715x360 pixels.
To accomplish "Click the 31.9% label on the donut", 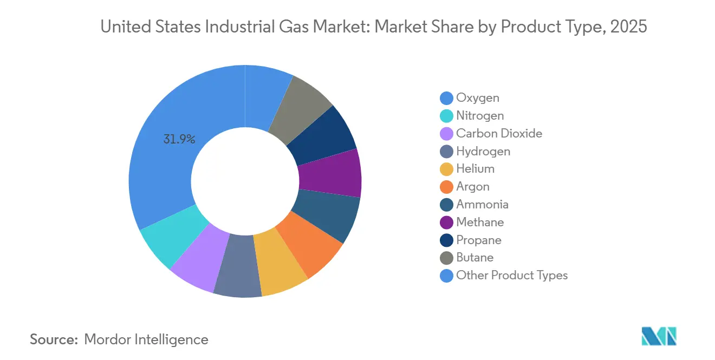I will click(179, 139).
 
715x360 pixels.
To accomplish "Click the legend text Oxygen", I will click(478, 98).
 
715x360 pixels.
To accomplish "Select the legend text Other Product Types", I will click(512, 276).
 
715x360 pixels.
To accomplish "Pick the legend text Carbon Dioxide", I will click(499, 134).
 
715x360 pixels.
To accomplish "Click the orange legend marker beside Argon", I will click(446, 187).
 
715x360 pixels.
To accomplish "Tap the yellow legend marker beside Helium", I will click(446, 169).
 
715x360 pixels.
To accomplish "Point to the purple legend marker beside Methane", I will click(446, 222).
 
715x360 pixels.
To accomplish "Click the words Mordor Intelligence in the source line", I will click(146, 339).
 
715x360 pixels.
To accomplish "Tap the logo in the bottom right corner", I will click(659, 336).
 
